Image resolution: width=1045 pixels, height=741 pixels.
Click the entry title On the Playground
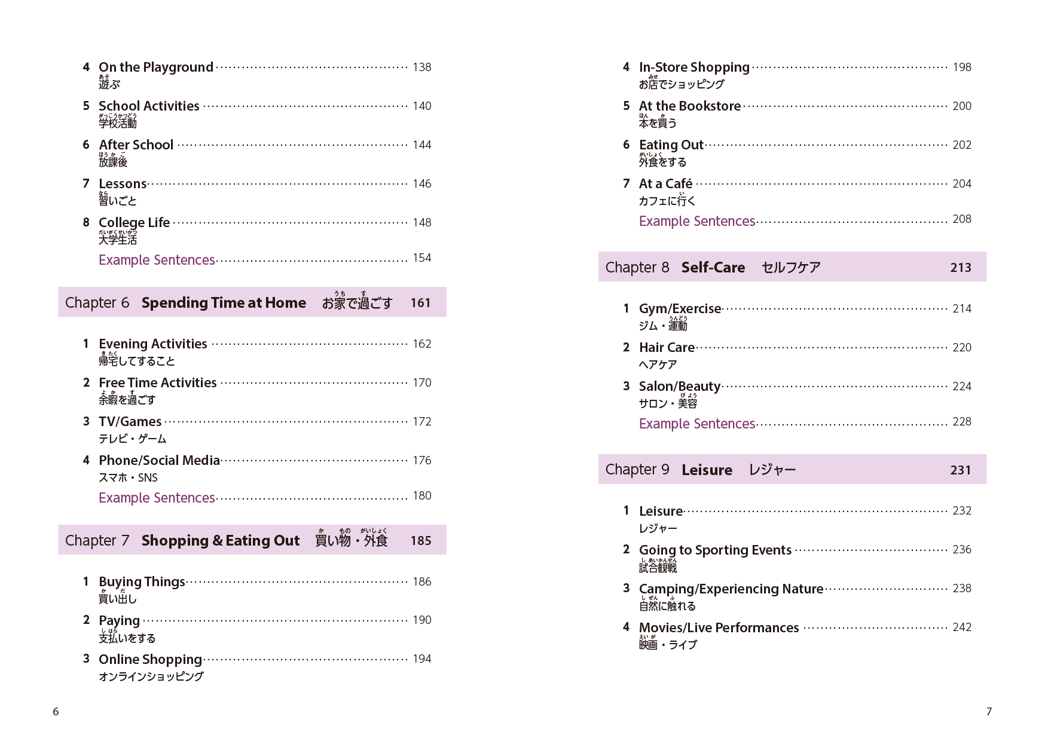[x=155, y=68]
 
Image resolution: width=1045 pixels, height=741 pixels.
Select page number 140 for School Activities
[x=421, y=106]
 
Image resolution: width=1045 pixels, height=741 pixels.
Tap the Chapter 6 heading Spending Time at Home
[x=224, y=303]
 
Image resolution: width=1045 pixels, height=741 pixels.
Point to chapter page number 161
[x=420, y=303]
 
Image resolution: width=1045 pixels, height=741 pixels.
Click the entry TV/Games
[x=130, y=422]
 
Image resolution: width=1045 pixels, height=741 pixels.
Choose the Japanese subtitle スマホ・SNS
[x=128, y=477]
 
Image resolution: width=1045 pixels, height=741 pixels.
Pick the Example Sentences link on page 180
[x=157, y=498]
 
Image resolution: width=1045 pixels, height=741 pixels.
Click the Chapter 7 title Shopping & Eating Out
[x=220, y=541]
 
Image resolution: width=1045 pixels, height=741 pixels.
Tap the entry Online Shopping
[x=150, y=660]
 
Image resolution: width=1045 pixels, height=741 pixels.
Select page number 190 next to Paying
[x=421, y=620]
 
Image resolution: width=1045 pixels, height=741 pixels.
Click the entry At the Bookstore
[x=689, y=106]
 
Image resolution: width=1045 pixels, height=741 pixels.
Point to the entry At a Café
[x=665, y=184]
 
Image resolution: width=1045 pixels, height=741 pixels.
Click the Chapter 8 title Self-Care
[x=713, y=268]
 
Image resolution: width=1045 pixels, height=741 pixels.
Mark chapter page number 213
[x=960, y=268]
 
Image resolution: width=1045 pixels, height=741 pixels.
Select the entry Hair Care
[x=667, y=348]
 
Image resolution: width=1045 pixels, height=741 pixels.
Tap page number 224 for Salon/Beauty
[x=961, y=387]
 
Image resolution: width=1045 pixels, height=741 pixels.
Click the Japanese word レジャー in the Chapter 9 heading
[x=772, y=470]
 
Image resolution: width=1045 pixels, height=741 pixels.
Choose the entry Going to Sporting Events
[x=715, y=550]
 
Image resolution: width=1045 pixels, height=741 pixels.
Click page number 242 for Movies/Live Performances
[x=961, y=627]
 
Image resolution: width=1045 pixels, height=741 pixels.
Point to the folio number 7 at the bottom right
[x=989, y=711]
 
